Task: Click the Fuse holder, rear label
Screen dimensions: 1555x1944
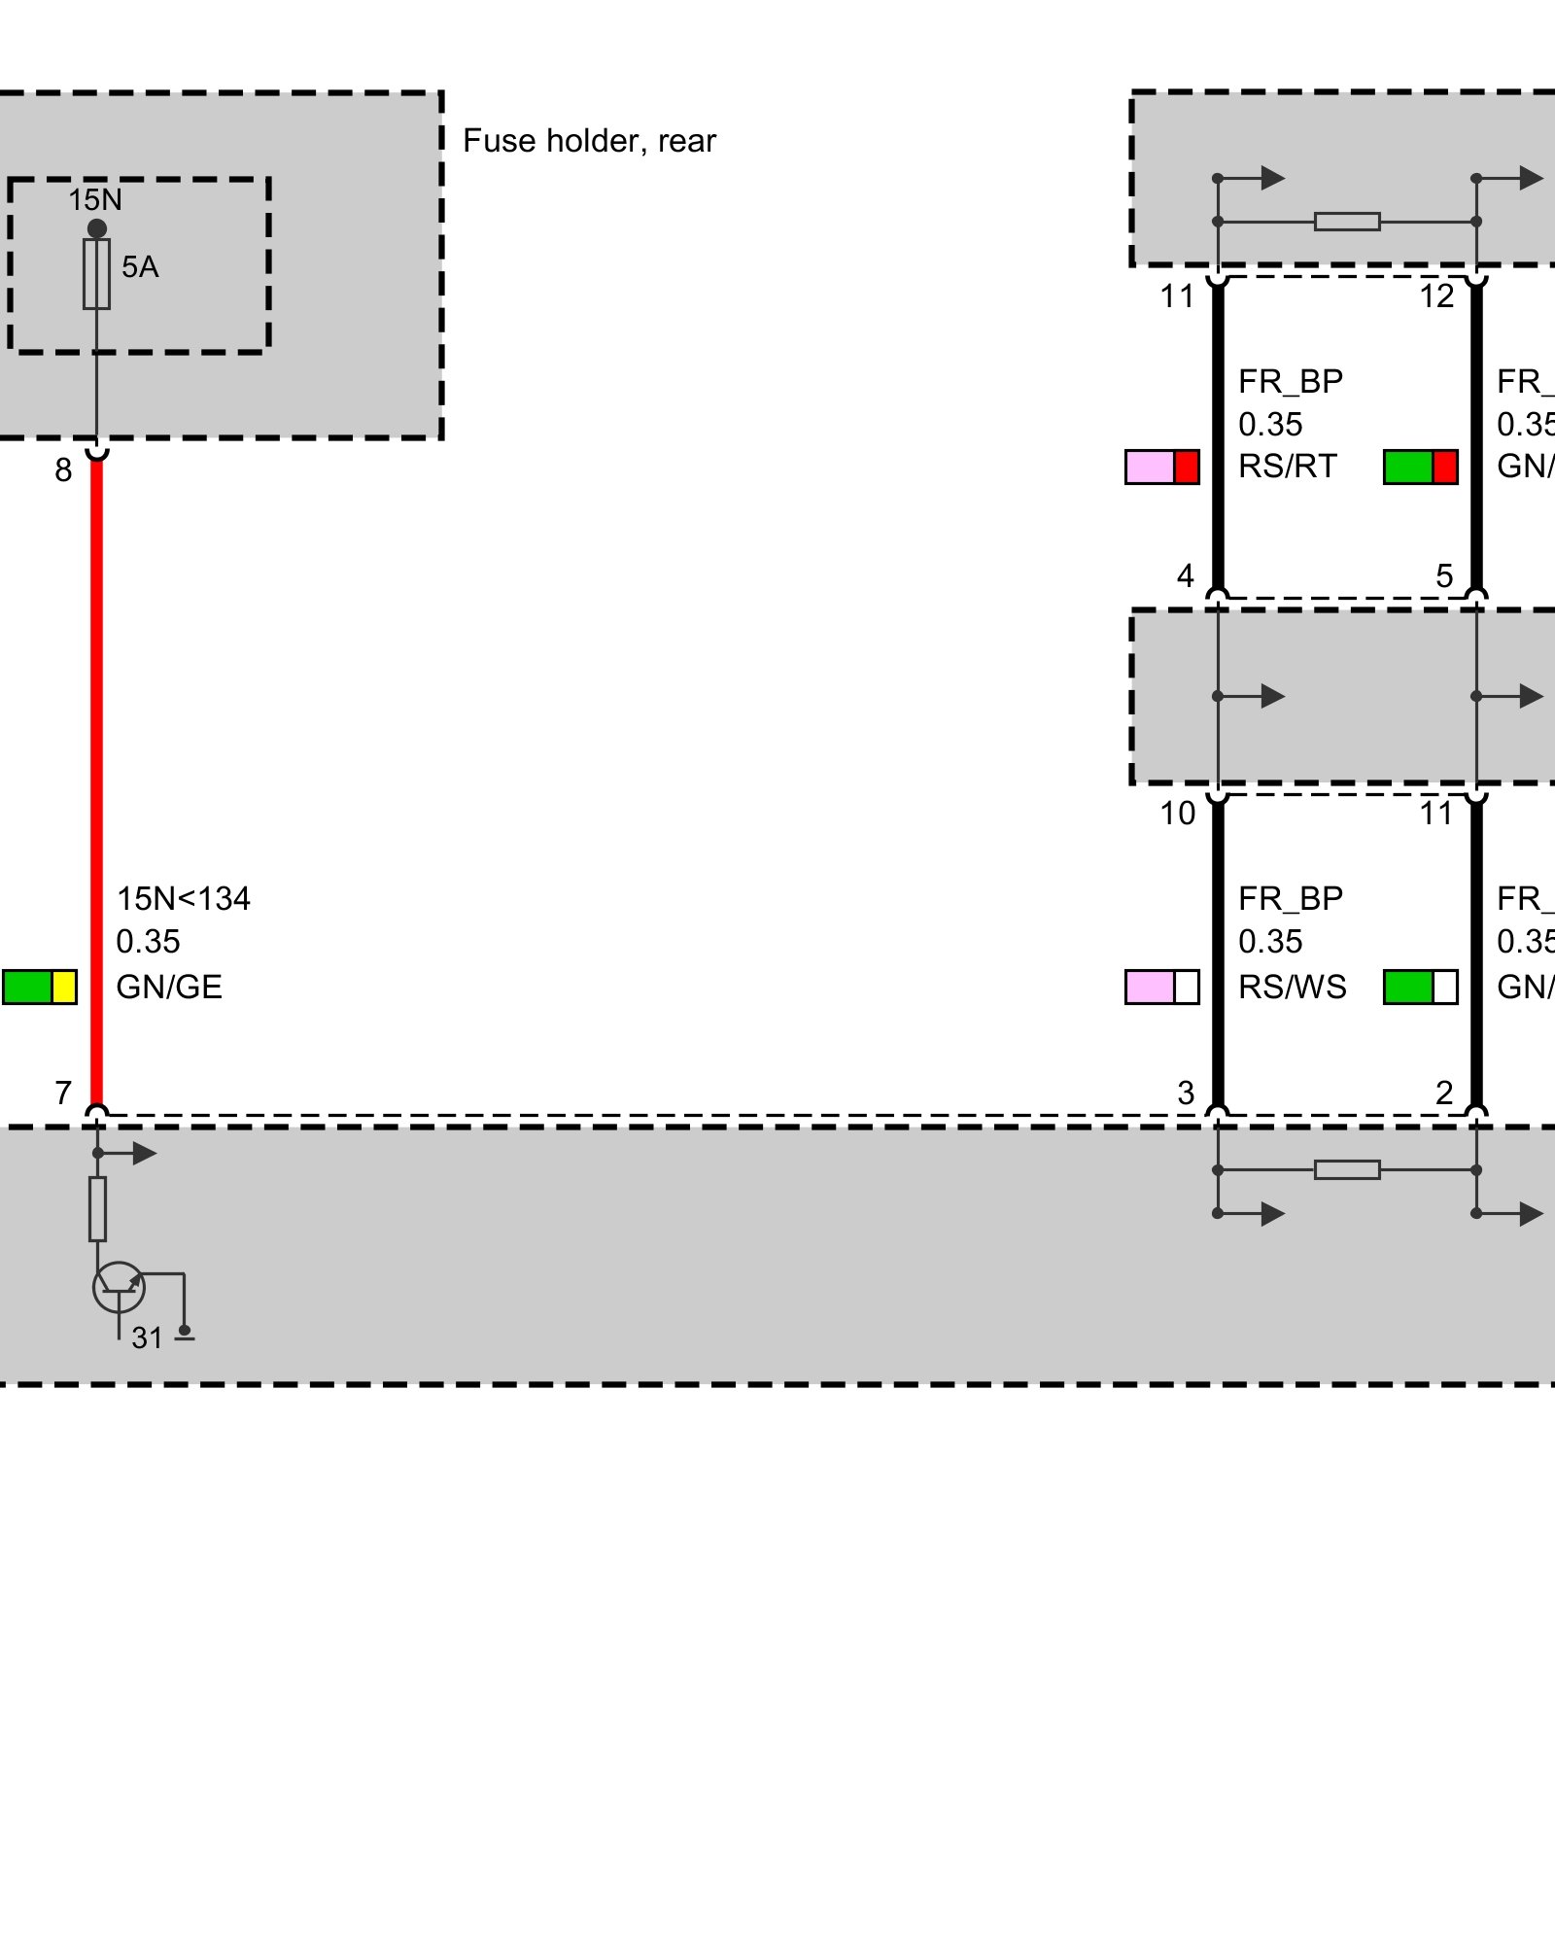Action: [x=589, y=142]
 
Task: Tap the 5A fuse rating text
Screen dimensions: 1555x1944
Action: [x=140, y=267]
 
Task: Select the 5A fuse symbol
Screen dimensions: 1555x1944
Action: [x=96, y=274]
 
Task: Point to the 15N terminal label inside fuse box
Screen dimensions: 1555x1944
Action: [x=95, y=200]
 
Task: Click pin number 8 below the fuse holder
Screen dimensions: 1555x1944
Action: [x=63, y=470]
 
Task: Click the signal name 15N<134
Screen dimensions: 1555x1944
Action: [x=183, y=899]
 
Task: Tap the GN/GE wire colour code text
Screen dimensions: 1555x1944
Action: [x=169, y=988]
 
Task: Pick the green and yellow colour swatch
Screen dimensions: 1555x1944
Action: [x=40, y=987]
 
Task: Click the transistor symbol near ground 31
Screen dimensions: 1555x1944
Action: [x=119, y=1287]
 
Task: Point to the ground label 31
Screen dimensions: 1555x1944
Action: [x=147, y=1338]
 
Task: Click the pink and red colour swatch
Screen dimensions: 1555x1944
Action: [x=1161, y=467]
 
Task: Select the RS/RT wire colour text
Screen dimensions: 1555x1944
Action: [x=1288, y=467]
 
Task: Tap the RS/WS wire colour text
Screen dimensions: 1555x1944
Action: [x=1292, y=988]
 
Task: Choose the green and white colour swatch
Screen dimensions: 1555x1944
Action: [x=1420, y=987]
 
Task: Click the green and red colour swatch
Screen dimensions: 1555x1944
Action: [x=1420, y=467]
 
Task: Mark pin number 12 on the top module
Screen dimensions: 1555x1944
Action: [x=1436, y=296]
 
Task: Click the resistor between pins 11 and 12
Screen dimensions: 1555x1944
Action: [x=1347, y=222]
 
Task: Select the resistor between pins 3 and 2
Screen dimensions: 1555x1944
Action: [x=1347, y=1169]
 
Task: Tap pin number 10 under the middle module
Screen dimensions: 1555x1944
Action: [x=1177, y=814]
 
